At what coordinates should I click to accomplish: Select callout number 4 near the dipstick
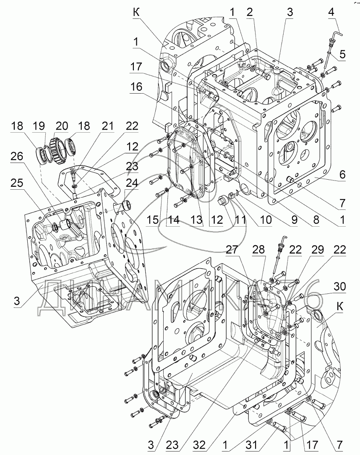pos(331,12)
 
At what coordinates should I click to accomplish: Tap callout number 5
pos(342,54)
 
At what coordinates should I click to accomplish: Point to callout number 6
pos(342,175)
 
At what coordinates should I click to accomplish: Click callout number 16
pos(136,86)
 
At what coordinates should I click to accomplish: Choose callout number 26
pos(17,156)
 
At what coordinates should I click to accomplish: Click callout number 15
pos(153,220)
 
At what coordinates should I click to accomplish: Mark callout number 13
pos(196,220)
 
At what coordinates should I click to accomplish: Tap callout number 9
pos(294,220)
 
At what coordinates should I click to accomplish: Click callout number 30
pos(339,286)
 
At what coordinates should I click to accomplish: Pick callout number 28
pos(258,249)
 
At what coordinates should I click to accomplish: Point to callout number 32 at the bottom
pos(200,445)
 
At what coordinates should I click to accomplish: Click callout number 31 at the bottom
pos(251,445)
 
